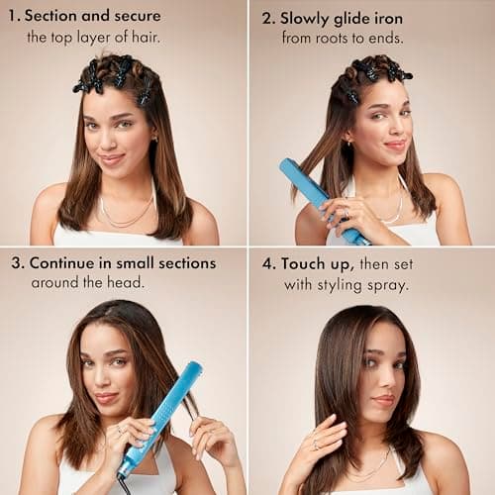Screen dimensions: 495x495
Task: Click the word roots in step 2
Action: [x=338, y=39]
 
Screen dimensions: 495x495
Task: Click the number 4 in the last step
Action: [x=265, y=263]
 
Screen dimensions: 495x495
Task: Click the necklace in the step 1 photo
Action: [x=126, y=213]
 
